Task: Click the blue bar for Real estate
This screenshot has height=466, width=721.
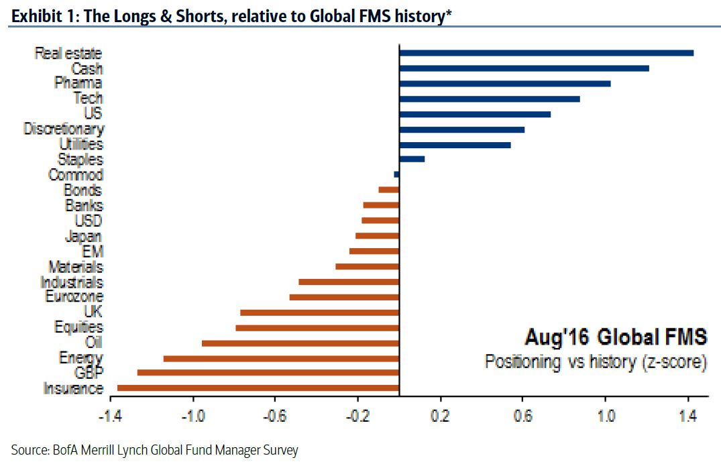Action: pyautogui.click(x=546, y=52)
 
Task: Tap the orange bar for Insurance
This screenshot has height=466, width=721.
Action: pyautogui.click(x=258, y=388)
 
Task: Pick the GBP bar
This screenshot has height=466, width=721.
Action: pyautogui.click(x=268, y=372)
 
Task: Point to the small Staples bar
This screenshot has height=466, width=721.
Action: pyautogui.click(x=412, y=159)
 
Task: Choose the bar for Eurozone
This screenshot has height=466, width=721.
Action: pyautogui.click(x=344, y=296)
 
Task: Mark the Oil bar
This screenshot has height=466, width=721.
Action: pyautogui.click(x=300, y=343)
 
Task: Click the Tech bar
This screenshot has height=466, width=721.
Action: pyautogui.click(x=489, y=99)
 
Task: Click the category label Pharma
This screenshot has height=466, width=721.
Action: pyautogui.click(x=78, y=83)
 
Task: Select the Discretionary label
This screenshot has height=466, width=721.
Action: pyautogui.click(x=64, y=129)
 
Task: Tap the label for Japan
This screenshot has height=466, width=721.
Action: pyautogui.click(x=84, y=236)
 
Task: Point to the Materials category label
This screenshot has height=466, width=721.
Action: pyautogui.click(x=76, y=267)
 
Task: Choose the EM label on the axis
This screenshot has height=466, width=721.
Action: pyautogui.click(x=93, y=251)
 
